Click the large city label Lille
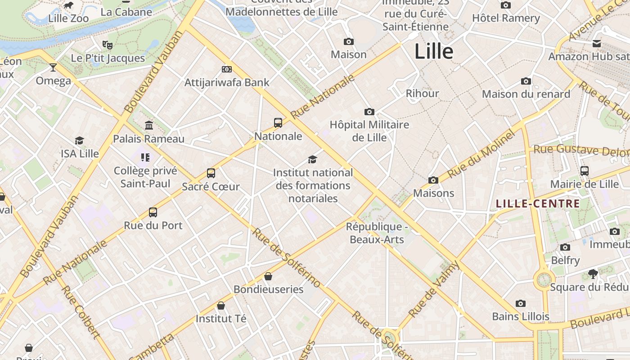(x=433, y=51)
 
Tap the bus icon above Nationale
(x=278, y=122)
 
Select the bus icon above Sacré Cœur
(x=211, y=173)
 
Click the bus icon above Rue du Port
(x=153, y=212)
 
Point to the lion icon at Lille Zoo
(x=68, y=6)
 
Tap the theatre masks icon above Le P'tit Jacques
(x=107, y=45)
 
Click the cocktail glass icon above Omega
(x=53, y=67)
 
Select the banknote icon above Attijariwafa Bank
(x=227, y=69)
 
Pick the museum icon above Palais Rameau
(x=149, y=125)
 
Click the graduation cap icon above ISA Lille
(x=80, y=140)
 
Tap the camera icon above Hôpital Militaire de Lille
(x=369, y=112)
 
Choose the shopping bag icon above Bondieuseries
(x=268, y=276)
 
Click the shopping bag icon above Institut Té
(x=221, y=306)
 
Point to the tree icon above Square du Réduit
(x=593, y=274)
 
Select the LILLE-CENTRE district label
(x=538, y=204)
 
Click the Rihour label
(x=422, y=94)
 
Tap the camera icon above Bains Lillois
(x=521, y=303)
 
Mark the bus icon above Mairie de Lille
(x=585, y=171)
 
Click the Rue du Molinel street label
(x=481, y=154)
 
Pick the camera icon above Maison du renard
(x=526, y=81)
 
